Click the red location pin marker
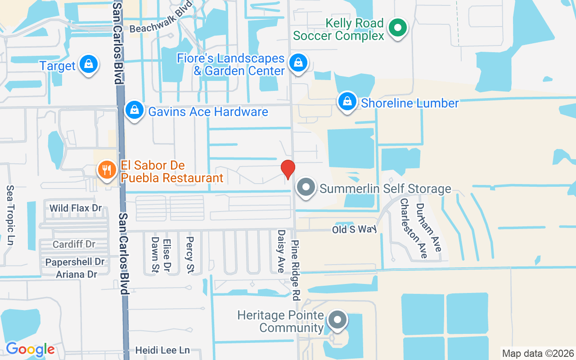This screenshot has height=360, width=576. click(288, 169)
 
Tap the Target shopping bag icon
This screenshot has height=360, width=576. click(89, 65)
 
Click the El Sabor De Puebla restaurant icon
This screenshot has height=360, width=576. click(107, 170)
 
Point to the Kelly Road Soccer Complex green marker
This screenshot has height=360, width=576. click(397, 28)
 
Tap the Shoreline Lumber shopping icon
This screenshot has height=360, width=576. click(347, 102)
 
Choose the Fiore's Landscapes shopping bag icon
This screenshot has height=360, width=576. click(298, 63)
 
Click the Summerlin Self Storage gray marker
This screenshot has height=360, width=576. click(306, 187)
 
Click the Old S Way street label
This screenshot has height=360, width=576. click(354, 229)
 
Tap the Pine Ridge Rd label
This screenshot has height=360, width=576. click(295, 270)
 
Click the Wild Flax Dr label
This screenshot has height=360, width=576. click(76, 208)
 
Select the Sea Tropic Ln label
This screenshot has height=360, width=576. click(10, 215)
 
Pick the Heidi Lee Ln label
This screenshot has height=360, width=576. click(162, 350)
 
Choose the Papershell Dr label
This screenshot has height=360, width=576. click(75, 262)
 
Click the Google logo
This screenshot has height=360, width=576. click(30, 349)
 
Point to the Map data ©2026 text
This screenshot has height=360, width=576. click(538, 353)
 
